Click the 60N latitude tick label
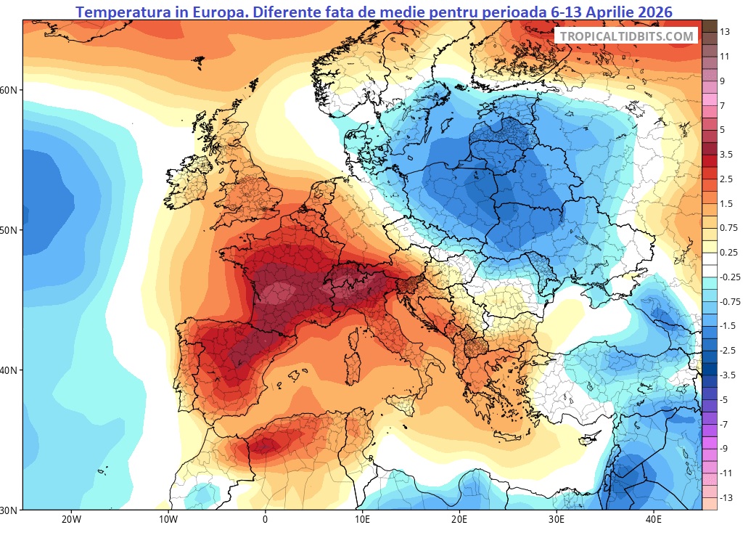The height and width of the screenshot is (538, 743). (11, 90)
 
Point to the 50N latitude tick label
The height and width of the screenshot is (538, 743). (11, 230)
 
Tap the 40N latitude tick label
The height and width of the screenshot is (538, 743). (11, 370)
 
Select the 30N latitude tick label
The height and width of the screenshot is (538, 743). (11, 510)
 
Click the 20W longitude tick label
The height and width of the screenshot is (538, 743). (70, 520)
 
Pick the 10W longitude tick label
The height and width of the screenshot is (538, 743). (168, 520)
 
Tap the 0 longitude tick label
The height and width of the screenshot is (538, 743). (265, 520)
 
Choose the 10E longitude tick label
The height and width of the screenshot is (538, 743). (362, 520)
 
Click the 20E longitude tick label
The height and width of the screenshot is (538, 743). (459, 520)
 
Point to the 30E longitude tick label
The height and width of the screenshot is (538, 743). (557, 520)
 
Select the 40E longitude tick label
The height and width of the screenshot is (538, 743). (654, 520)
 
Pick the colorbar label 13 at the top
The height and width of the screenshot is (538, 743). (725, 31)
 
